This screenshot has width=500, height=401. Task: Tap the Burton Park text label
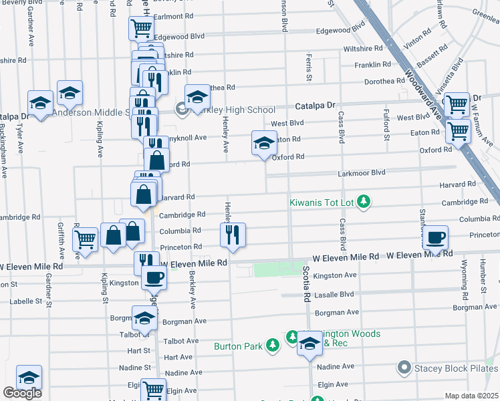pos(239,346)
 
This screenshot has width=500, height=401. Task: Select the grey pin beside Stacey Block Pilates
pos(403,368)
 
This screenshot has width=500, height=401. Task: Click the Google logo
pos(22,393)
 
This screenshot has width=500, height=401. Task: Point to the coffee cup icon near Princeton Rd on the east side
pos(435,237)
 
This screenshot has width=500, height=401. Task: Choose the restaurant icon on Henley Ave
pos(233,235)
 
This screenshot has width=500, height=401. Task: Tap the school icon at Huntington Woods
pos(309,344)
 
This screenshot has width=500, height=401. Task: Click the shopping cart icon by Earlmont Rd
pos(141,28)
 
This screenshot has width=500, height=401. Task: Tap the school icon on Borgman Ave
pos(144,319)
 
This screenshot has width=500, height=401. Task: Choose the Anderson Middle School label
pos(89,112)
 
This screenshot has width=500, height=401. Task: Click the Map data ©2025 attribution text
pos(471,396)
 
